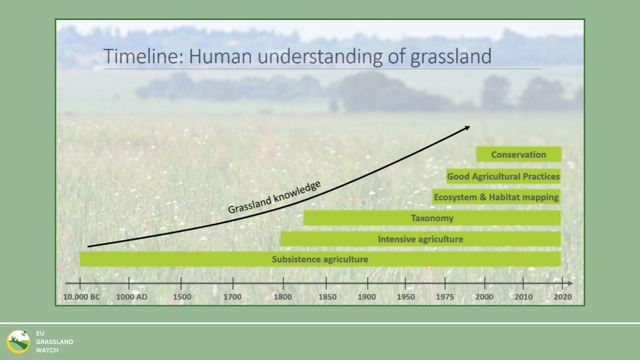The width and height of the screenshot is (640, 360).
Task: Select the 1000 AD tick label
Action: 131,297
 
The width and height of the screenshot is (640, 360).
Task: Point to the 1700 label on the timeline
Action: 233,297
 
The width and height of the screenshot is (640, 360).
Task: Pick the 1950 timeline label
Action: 405,297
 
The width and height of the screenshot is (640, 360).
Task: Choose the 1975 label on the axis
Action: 444,297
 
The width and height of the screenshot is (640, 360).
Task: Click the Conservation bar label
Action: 518,155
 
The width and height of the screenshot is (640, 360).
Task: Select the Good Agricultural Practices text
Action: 503,176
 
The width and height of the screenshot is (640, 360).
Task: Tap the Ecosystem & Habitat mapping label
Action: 496,197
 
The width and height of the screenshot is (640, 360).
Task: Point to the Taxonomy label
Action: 432,218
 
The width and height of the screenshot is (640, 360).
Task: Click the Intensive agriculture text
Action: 420,239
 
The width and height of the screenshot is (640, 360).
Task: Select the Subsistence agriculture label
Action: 320,260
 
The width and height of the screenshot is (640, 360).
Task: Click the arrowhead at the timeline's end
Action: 570,283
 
